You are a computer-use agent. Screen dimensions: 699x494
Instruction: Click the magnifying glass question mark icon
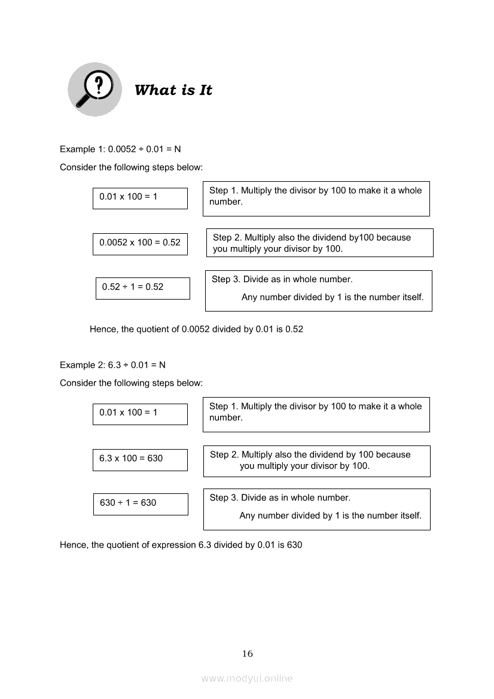pyautogui.click(x=94, y=89)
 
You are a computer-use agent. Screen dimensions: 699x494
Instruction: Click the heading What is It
pyautogui.click(x=173, y=90)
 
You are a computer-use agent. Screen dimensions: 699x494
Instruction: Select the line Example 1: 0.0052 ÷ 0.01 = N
pyautogui.click(x=120, y=149)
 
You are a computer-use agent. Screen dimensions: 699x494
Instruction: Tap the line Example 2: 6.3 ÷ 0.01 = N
pyautogui.click(x=112, y=365)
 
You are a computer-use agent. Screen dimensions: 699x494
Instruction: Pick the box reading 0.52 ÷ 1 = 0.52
pyautogui.click(x=142, y=288)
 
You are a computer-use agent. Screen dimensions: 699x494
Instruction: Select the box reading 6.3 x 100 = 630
pyautogui.click(x=140, y=459)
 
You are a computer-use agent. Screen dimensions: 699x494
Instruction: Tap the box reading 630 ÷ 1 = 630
pyautogui.click(x=141, y=503)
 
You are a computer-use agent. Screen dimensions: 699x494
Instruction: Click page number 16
pyautogui.click(x=248, y=654)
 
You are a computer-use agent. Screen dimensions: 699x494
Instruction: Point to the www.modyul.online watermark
pyautogui.click(x=247, y=678)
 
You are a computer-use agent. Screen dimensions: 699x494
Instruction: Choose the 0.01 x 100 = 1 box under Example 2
pyautogui.click(x=140, y=413)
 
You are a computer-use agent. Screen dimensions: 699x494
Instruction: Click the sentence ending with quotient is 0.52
pyautogui.click(x=196, y=329)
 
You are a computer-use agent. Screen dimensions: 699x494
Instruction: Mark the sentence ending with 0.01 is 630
pyautogui.click(x=181, y=545)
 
